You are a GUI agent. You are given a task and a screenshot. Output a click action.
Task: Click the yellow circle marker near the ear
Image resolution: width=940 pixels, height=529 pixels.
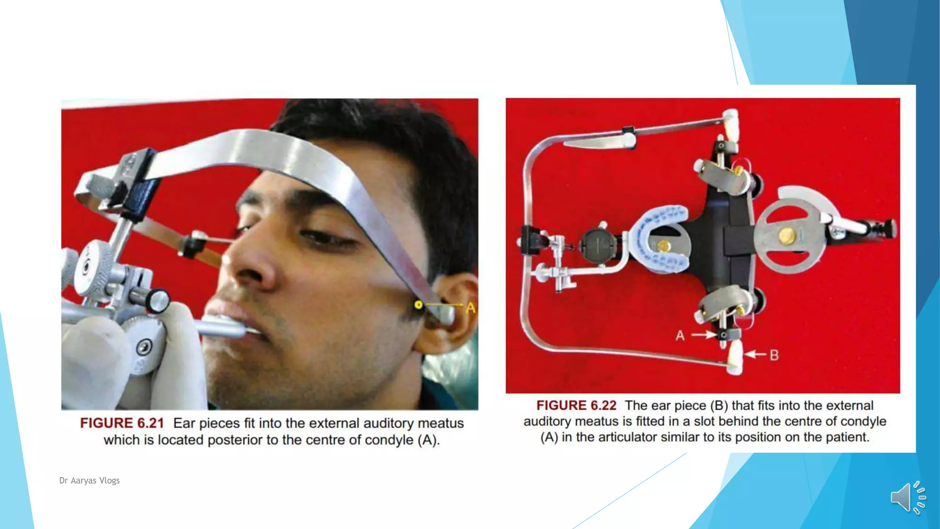click(x=418, y=305)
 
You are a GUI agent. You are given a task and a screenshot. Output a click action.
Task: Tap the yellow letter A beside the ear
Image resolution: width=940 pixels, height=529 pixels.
click(x=470, y=308)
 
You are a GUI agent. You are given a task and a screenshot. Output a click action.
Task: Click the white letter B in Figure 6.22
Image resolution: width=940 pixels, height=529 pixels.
click(x=774, y=355)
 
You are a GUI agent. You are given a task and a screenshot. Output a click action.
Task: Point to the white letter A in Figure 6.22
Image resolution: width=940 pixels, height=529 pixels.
click(x=680, y=336)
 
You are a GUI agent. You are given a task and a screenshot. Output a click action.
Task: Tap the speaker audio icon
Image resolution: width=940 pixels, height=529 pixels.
click(x=908, y=497)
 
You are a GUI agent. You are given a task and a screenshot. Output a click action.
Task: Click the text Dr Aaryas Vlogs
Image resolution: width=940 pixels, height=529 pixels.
click(x=90, y=480)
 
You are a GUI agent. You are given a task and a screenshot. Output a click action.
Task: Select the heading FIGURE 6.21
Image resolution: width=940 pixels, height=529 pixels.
click(x=122, y=423)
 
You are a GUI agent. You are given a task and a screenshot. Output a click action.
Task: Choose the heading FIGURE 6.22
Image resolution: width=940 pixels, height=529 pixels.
click(x=576, y=405)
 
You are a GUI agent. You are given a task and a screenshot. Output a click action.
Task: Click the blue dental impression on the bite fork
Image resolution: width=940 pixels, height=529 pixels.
click(x=661, y=239)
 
